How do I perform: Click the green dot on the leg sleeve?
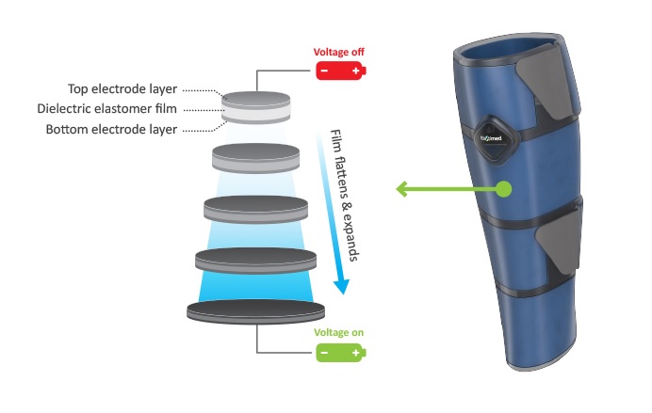click(504, 189)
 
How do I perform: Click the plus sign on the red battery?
click(355, 72)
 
